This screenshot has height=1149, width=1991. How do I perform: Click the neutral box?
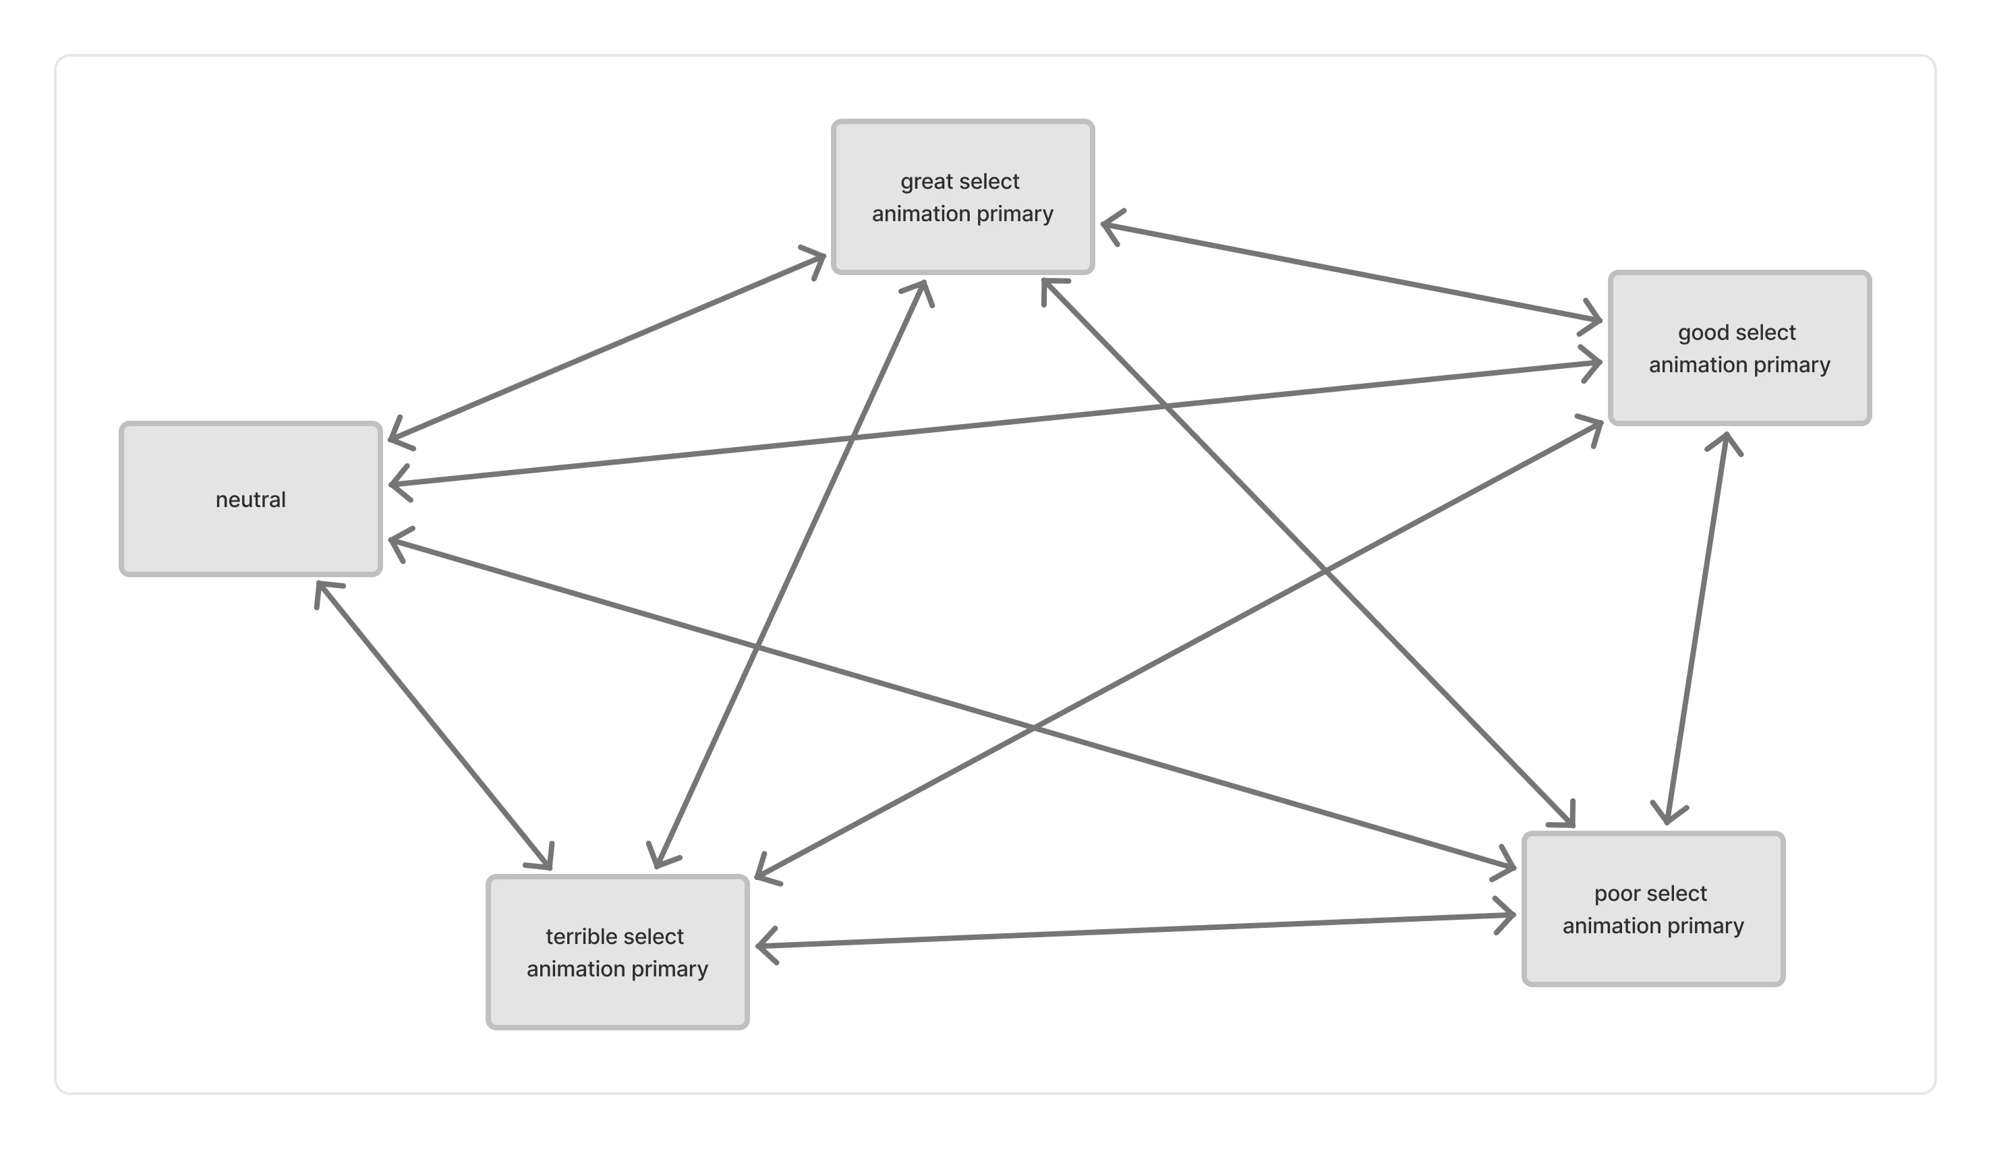[x=250, y=499]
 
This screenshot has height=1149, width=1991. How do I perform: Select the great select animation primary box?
[x=962, y=198]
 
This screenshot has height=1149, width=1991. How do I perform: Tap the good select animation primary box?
[x=1739, y=348]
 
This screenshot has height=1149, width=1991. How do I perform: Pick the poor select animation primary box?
[x=1652, y=908]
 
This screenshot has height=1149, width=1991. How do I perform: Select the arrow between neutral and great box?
[x=608, y=347]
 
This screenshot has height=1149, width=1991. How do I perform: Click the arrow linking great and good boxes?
[x=1351, y=273]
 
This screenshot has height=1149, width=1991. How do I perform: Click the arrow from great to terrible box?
[x=792, y=574]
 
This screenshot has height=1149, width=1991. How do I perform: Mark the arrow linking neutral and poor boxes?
[x=952, y=704]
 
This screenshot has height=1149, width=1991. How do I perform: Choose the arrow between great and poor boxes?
[x=1308, y=552]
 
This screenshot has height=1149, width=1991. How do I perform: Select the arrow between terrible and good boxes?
[x=1178, y=649]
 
